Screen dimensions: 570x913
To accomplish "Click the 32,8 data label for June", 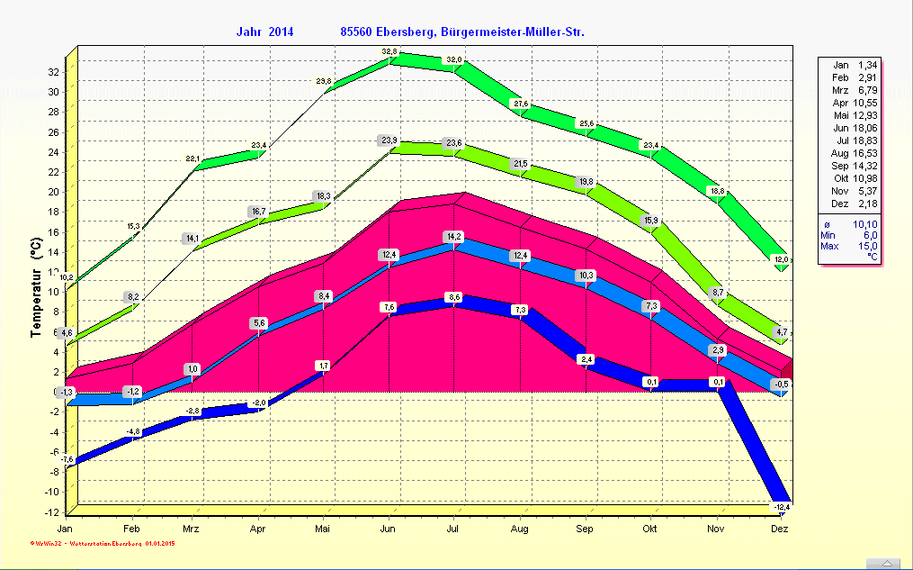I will point(389,51).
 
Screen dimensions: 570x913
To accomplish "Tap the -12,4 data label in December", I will point(781,508).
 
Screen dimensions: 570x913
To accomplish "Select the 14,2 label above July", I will point(454,236).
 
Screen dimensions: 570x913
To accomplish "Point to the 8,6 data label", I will point(454,297).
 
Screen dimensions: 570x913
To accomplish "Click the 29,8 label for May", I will point(324,82).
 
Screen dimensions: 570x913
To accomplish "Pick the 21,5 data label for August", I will point(521,163).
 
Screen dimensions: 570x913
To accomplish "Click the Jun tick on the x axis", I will point(389,529).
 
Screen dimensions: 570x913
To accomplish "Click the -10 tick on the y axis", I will point(51,492).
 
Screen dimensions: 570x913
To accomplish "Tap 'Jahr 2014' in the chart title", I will point(264,32).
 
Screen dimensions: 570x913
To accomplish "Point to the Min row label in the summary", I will point(828,234).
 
